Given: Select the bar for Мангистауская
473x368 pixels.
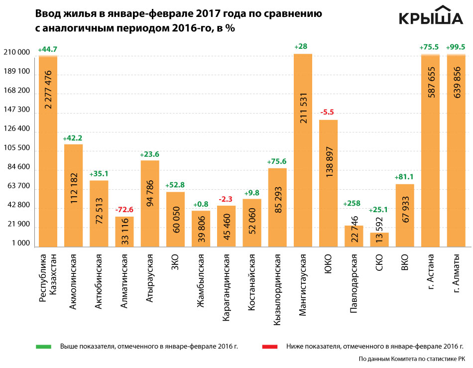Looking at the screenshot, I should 303,149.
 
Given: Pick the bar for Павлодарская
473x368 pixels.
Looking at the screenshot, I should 354,236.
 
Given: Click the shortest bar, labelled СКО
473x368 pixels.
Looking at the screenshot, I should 379,240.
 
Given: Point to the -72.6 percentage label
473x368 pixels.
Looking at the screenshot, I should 124,210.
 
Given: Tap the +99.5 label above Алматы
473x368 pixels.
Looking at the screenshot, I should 456,47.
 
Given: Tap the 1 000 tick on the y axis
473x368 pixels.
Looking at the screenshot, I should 20,244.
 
